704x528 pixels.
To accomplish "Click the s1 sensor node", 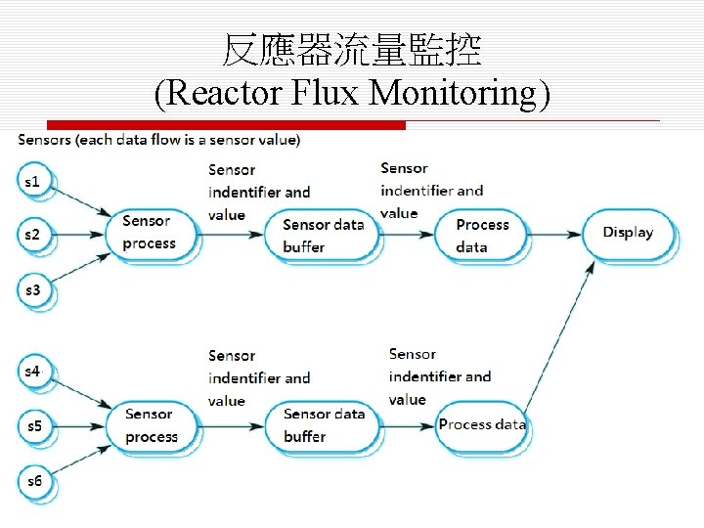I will click(x=34, y=182).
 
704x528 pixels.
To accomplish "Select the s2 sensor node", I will click(x=34, y=236).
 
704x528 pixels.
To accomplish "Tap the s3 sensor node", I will click(x=34, y=291).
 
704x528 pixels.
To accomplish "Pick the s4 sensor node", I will click(x=34, y=372).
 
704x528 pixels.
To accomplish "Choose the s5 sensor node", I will click(x=34, y=426).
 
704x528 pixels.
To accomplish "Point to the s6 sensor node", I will click(x=34, y=481).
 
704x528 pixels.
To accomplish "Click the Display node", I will click(x=627, y=234).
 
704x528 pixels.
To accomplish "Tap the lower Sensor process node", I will click(x=152, y=426).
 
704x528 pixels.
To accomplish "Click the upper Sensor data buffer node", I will click(x=323, y=236).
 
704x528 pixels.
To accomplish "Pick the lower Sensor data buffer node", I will click(x=323, y=426).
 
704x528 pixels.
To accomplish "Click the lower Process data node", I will click(x=482, y=424).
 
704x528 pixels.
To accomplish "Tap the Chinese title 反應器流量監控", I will click(x=352, y=50).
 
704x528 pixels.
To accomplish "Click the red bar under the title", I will click(x=225, y=125).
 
